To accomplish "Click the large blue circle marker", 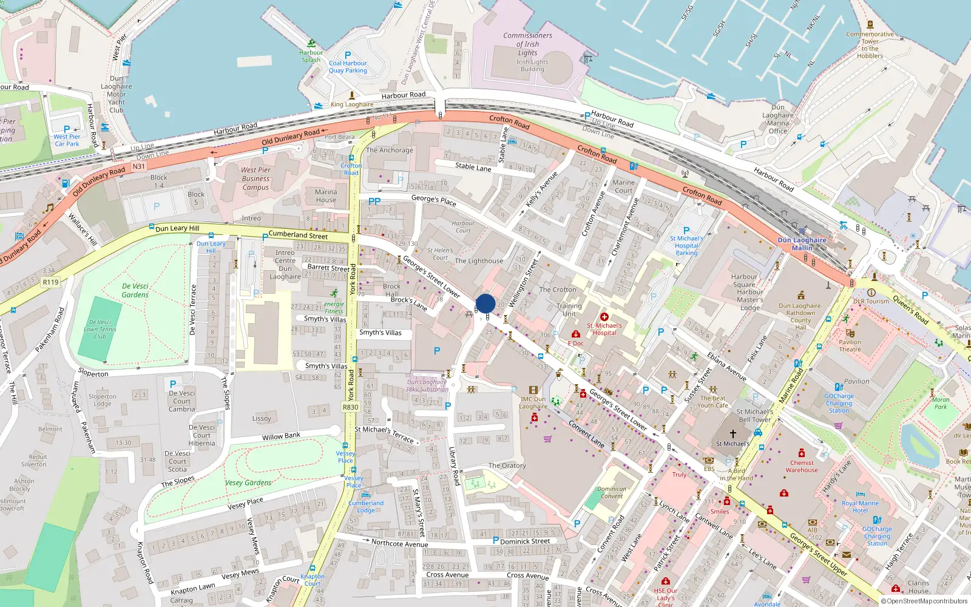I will (x=486, y=303).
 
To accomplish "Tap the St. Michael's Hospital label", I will (x=604, y=329).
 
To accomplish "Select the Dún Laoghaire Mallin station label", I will (x=802, y=243).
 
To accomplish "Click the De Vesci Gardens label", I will (x=135, y=290).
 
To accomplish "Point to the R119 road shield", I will (x=50, y=282).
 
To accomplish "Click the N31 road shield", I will (x=139, y=166).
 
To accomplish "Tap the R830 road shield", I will (x=351, y=407).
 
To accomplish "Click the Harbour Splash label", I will (x=311, y=56).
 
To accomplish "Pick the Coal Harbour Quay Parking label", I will (x=348, y=67).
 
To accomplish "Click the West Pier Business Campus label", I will (x=255, y=178).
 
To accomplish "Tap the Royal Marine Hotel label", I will (x=860, y=507).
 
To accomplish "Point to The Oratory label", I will (x=507, y=466).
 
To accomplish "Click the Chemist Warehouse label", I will (x=802, y=466).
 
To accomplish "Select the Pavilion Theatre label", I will (x=850, y=345).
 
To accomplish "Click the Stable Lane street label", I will (x=473, y=167).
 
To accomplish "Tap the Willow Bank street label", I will (x=281, y=436).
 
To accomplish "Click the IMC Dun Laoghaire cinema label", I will (x=533, y=403).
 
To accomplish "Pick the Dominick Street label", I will (x=525, y=541).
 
